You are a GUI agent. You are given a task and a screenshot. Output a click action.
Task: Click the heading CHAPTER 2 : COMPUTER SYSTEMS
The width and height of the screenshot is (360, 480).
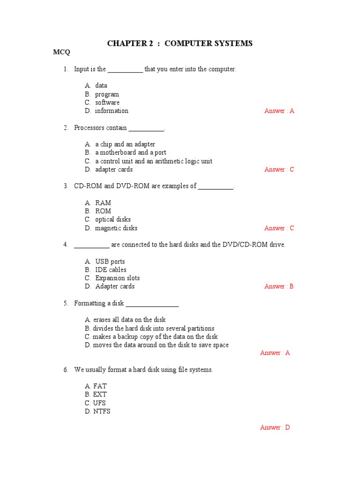pos(180,44)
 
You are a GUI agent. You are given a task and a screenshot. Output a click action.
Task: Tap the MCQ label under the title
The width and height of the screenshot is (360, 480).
pos(61,52)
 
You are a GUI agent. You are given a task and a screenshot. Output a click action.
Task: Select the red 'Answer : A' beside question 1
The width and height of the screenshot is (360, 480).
pos(279,111)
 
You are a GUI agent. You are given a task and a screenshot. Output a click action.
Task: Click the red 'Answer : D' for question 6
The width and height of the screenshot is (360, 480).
pos(275,427)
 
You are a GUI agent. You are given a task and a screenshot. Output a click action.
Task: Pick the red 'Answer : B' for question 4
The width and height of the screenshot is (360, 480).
pos(279,286)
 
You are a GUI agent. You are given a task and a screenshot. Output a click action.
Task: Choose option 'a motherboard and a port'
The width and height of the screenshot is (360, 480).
pos(130,153)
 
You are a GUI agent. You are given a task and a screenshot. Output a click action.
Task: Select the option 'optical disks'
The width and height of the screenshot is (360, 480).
pos(113,220)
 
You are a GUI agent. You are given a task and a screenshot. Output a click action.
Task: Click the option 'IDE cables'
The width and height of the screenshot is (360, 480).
pos(111,270)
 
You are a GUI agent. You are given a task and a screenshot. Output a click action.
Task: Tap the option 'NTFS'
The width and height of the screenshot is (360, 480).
pos(102,412)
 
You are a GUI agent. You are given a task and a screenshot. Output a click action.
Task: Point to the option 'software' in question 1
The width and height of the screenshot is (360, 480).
pos(107,103)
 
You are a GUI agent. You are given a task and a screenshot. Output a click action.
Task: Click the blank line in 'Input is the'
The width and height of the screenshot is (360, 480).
pos(125,70)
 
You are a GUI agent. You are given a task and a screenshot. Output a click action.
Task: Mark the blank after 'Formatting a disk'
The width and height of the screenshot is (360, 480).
pos(152,304)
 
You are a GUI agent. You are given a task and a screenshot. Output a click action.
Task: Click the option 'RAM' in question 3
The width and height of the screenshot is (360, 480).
pos(103,203)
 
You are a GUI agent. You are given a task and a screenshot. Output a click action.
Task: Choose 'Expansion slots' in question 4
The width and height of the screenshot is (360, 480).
pos(118,278)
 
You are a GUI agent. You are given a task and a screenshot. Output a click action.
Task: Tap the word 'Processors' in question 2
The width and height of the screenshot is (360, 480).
pos(89,128)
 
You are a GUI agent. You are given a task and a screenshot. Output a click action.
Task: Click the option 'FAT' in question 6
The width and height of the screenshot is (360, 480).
pos(100,386)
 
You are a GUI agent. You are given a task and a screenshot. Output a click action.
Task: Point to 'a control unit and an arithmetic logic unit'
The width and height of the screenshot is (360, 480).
pos(154,161)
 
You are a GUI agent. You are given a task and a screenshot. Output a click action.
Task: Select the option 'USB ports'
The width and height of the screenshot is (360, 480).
pos(110,262)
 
